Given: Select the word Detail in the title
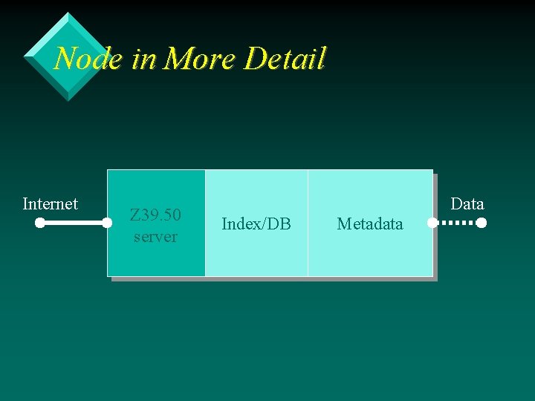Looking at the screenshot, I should coord(285,58).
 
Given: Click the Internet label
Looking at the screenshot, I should coord(51,203).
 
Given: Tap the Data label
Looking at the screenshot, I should coord(467,203).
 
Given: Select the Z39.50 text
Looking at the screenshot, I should coord(155,215).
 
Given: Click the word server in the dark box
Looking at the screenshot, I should coord(155,237).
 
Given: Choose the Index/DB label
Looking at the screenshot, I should coord(256,224).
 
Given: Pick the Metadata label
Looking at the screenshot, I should coord(370,224).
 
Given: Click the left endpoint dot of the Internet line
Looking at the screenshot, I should coord(40,223).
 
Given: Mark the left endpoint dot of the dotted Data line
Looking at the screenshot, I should coord(432,223).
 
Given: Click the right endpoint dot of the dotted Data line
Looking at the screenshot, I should coord(481,223).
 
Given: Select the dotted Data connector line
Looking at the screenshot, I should coord(456,223).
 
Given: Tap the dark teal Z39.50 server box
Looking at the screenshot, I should coord(156,260).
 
